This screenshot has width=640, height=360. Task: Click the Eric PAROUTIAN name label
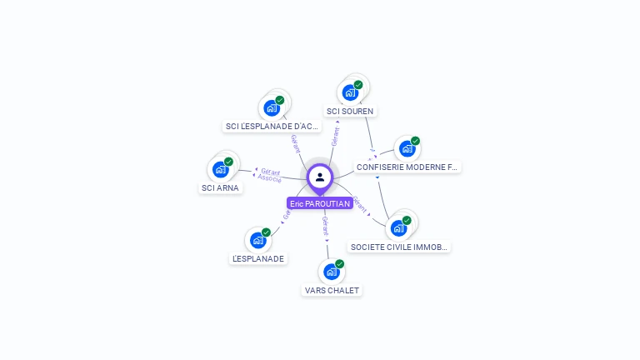[320, 203]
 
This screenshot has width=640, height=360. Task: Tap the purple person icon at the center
[320, 177]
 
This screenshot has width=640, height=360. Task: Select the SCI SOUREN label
[350, 111]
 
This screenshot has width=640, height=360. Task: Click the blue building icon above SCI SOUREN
[350, 92]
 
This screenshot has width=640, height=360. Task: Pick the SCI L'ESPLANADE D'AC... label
[272, 127]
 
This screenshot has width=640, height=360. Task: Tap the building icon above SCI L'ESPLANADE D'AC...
[272, 107]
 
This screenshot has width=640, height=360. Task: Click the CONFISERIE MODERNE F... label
[407, 167]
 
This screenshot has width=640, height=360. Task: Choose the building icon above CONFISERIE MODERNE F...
[407, 148]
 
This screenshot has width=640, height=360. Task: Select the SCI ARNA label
[220, 188]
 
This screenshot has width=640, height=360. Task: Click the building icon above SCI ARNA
[220, 169]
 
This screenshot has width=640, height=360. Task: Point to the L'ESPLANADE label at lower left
[258, 259]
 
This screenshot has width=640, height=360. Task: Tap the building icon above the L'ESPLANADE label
[258, 240]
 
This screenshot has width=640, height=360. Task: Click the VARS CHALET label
[332, 291]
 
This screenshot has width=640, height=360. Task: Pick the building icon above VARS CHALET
[332, 272]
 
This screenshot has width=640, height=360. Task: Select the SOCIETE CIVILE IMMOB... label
[399, 247]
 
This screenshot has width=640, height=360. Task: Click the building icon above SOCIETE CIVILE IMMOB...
[398, 227]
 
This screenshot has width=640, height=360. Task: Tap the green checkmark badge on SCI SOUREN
[358, 85]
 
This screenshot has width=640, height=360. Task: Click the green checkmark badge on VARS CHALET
[340, 264]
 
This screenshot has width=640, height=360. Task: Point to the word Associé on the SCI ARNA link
[269, 178]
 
